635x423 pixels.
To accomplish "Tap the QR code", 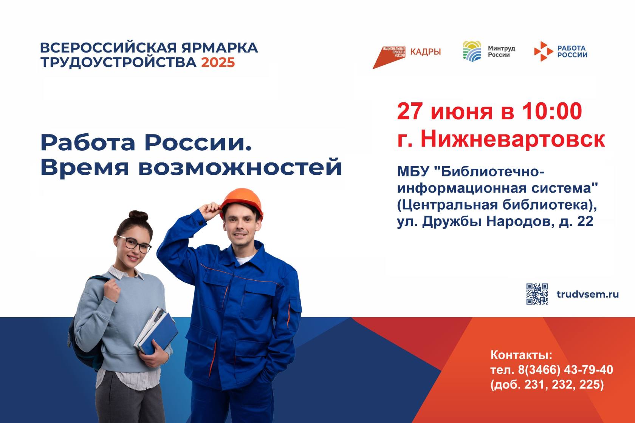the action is (537, 294).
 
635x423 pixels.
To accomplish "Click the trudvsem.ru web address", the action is (587, 294).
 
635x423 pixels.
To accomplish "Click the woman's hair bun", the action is (138, 216).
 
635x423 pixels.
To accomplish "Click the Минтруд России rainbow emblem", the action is (472, 51).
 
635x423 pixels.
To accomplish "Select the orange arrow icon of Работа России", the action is (544, 51).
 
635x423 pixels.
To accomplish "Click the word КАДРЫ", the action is (426, 52).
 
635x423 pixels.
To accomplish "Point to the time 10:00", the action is (552, 111).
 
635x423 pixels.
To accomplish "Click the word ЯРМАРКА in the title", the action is (220, 48).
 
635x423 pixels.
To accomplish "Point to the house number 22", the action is (585, 221).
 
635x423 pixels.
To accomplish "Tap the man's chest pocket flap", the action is (258, 289).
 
